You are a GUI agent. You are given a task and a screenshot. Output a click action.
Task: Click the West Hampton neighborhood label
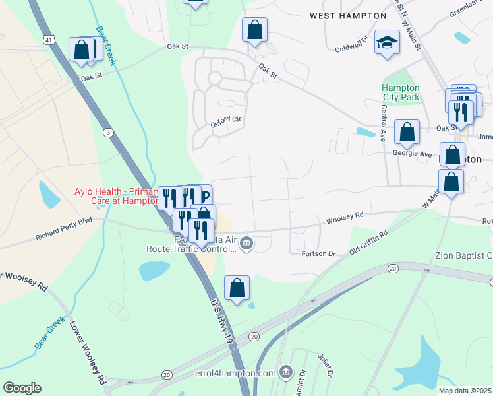point(348,15)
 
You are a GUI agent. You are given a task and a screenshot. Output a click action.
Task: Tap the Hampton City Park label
point(400,92)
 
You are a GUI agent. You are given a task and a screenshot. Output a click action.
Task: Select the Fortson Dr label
point(318,253)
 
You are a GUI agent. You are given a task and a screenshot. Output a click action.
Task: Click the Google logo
point(22,388)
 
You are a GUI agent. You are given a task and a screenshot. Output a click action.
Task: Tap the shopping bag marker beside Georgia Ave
point(407,132)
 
